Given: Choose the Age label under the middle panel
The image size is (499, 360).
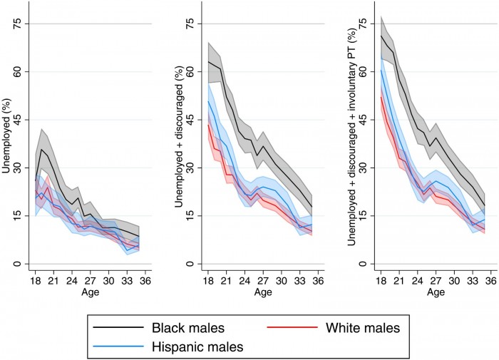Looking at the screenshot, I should point(264,292).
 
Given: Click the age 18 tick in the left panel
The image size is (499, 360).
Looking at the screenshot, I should point(35,279).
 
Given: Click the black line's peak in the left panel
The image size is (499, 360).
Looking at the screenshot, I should point(42,149).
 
